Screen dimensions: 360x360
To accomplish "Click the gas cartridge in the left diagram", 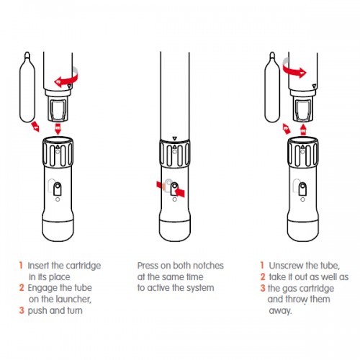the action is click(27, 87).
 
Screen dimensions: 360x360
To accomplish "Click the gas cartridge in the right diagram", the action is click(272, 87).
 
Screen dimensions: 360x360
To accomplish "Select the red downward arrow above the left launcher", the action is click(58, 129).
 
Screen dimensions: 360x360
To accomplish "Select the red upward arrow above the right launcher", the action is click(303, 129).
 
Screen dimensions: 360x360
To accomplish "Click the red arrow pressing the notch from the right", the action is click(181, 192).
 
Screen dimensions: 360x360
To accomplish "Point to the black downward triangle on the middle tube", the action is click(175, 138).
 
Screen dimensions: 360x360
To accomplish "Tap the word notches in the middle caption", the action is click(208, 266).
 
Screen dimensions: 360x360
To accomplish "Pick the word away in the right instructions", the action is click(280, 311).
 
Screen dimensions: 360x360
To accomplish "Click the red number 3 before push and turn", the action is click(22, 310).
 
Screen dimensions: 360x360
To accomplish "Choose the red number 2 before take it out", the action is click(263, 276).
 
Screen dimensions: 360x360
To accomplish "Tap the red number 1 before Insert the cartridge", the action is click(21, 266).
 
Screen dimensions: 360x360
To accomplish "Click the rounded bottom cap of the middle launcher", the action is click(175, 230).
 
